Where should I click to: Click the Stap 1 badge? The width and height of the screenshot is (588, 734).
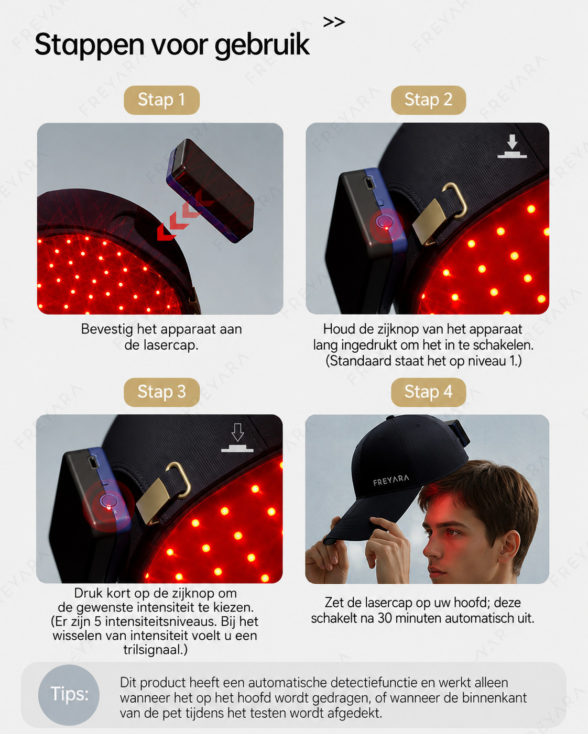click(161, 100)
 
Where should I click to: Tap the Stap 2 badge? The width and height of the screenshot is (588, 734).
click(428, 100)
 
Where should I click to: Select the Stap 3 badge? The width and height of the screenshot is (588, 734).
click(161, 392)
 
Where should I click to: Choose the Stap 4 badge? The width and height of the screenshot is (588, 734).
click(428, 392)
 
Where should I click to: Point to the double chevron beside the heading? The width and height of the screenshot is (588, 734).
click(334, 22)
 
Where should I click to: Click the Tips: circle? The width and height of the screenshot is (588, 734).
click(69, 694)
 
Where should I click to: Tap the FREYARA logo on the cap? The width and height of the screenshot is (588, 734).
click(391, 480)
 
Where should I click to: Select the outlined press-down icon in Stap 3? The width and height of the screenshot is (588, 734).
click(237, 438)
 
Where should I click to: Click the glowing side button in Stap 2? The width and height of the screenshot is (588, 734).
click(386, 223)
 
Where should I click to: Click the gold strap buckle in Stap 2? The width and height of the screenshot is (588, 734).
click(440, 214)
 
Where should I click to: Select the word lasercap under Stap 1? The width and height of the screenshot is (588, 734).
click(171, 346)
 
